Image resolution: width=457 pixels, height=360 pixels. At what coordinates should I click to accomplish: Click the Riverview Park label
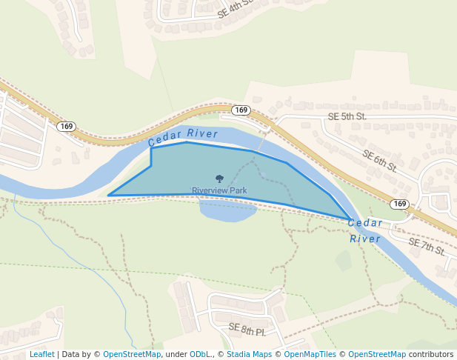pos(219,191)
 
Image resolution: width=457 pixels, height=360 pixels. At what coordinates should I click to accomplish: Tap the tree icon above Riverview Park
pos(219,179)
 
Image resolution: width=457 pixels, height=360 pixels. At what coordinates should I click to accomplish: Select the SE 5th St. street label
pos(347,117)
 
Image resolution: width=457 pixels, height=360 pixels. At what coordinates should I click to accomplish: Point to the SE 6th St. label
pos(379,161)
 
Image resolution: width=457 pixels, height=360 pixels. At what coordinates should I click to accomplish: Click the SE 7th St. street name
pos(427,247)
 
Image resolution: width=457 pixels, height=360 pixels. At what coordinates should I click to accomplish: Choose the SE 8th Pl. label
pos(247,330)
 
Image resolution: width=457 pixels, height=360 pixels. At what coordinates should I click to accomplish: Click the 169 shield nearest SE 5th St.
pos(241,110)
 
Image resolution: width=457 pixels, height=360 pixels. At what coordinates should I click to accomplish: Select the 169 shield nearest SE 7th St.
pos(400,204)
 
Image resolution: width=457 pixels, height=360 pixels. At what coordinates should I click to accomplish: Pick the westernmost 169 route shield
pos(67,127)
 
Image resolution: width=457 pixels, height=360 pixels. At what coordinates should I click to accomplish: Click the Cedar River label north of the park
pos(183,137)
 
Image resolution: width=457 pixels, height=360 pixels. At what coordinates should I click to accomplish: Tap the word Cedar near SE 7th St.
pos(365,223)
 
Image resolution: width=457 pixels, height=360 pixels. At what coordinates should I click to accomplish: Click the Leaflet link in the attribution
pos(41,354)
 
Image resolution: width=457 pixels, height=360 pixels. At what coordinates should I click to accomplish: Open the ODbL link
pos(199,354)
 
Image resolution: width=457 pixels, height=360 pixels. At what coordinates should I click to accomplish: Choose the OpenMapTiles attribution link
pos(310,354)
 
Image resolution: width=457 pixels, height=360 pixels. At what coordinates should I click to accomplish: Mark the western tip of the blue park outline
pos(109,196)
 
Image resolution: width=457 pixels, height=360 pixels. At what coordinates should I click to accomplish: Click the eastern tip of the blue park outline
pos(351,220)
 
